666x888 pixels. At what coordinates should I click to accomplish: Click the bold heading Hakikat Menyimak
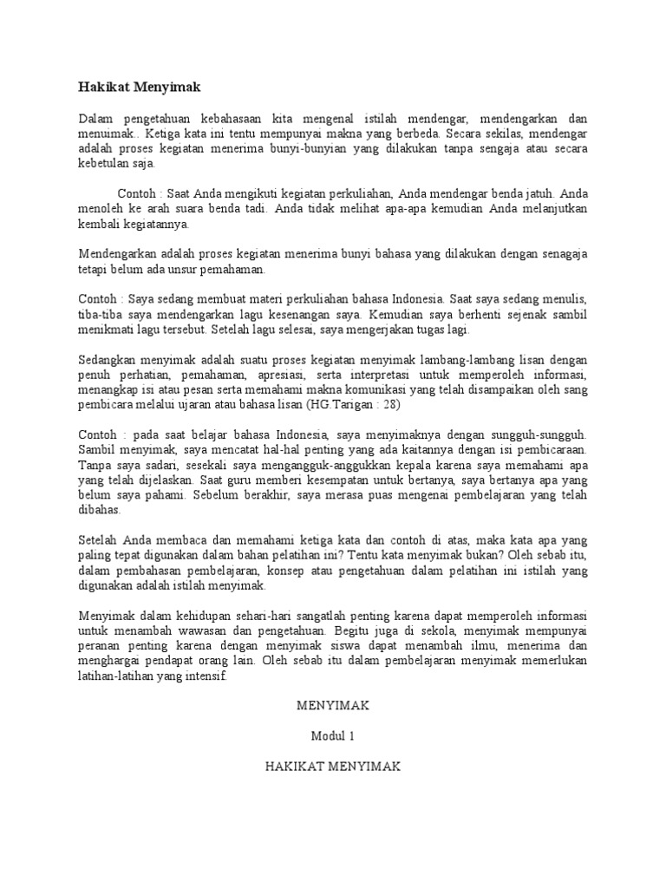point(139,86)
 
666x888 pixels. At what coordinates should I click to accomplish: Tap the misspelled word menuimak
point(107,134)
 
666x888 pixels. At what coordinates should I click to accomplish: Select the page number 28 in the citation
point(388,404)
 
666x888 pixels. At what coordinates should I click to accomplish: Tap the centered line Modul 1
point(332,736)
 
